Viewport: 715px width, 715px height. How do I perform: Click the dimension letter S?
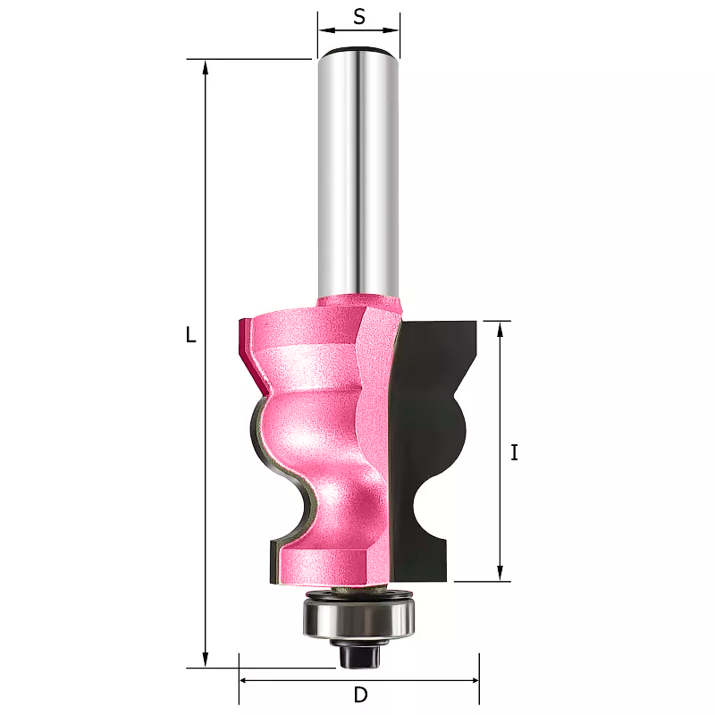[x=359, y=17]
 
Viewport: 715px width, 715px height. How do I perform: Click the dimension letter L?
[x=190, y=335]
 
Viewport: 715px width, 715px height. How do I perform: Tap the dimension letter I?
[x=515, y=453]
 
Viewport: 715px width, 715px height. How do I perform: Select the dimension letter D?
[x=360, y=695]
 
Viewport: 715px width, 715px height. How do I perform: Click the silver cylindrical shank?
[x=359, y=173]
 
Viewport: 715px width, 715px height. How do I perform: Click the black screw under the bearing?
[x=360, y=653]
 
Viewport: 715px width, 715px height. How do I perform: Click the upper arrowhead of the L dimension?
[x=206, y=67]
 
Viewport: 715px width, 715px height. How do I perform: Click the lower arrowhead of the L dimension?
[x=206, y=660]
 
